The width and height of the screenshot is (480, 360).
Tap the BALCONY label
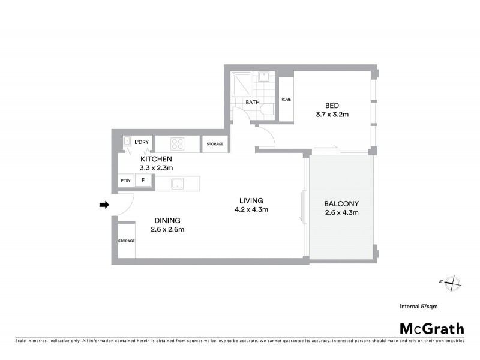pos(341,203)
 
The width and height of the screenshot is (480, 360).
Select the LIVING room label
pos(251,200)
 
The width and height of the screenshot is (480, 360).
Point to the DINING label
pos(167,220)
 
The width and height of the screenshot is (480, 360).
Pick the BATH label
pos(253,102)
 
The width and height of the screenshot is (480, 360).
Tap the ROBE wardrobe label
pos(286,99)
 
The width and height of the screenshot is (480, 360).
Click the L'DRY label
pos(142,142)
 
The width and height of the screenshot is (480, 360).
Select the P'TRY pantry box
pos(126,181)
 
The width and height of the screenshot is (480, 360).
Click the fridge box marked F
pos(143,181)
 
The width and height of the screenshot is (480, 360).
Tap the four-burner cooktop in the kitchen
pos(177,143)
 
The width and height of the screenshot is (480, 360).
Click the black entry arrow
pos(104,205)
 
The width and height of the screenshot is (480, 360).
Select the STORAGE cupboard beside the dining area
pos(126,241)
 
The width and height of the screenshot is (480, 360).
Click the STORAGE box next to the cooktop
pos(215,144)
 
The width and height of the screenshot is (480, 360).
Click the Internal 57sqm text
pos(418,306)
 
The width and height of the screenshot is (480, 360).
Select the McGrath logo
pos(431,328)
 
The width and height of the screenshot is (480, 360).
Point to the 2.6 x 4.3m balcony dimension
pos(341,212)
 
